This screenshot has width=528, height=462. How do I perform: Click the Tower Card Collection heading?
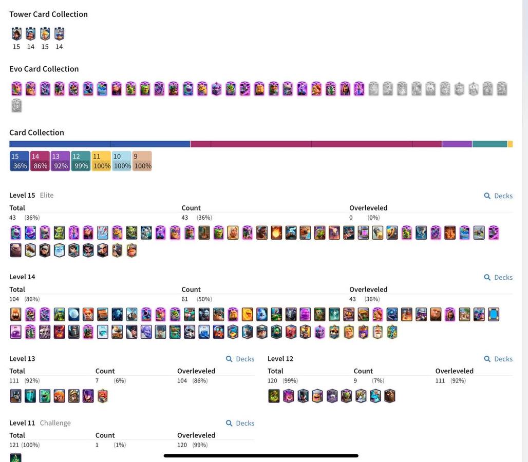48,14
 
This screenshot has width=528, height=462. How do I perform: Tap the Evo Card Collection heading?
44,69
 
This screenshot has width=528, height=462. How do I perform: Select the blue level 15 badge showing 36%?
19,161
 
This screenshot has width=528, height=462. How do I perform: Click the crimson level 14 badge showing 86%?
40,161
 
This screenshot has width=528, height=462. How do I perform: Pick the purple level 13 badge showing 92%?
60,161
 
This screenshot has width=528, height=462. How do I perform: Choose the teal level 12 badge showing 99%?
81,161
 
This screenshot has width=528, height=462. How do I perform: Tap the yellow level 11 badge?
101,161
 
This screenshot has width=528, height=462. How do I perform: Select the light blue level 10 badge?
122,161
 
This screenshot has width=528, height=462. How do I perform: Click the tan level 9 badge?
142,161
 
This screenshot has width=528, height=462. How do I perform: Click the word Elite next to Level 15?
47,195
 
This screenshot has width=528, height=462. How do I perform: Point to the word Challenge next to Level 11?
55,423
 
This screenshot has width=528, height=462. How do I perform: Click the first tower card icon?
16,34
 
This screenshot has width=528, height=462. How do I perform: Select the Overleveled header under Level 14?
368,290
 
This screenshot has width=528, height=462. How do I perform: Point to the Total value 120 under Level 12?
272,381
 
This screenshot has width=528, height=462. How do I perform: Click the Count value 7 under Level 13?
97,381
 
